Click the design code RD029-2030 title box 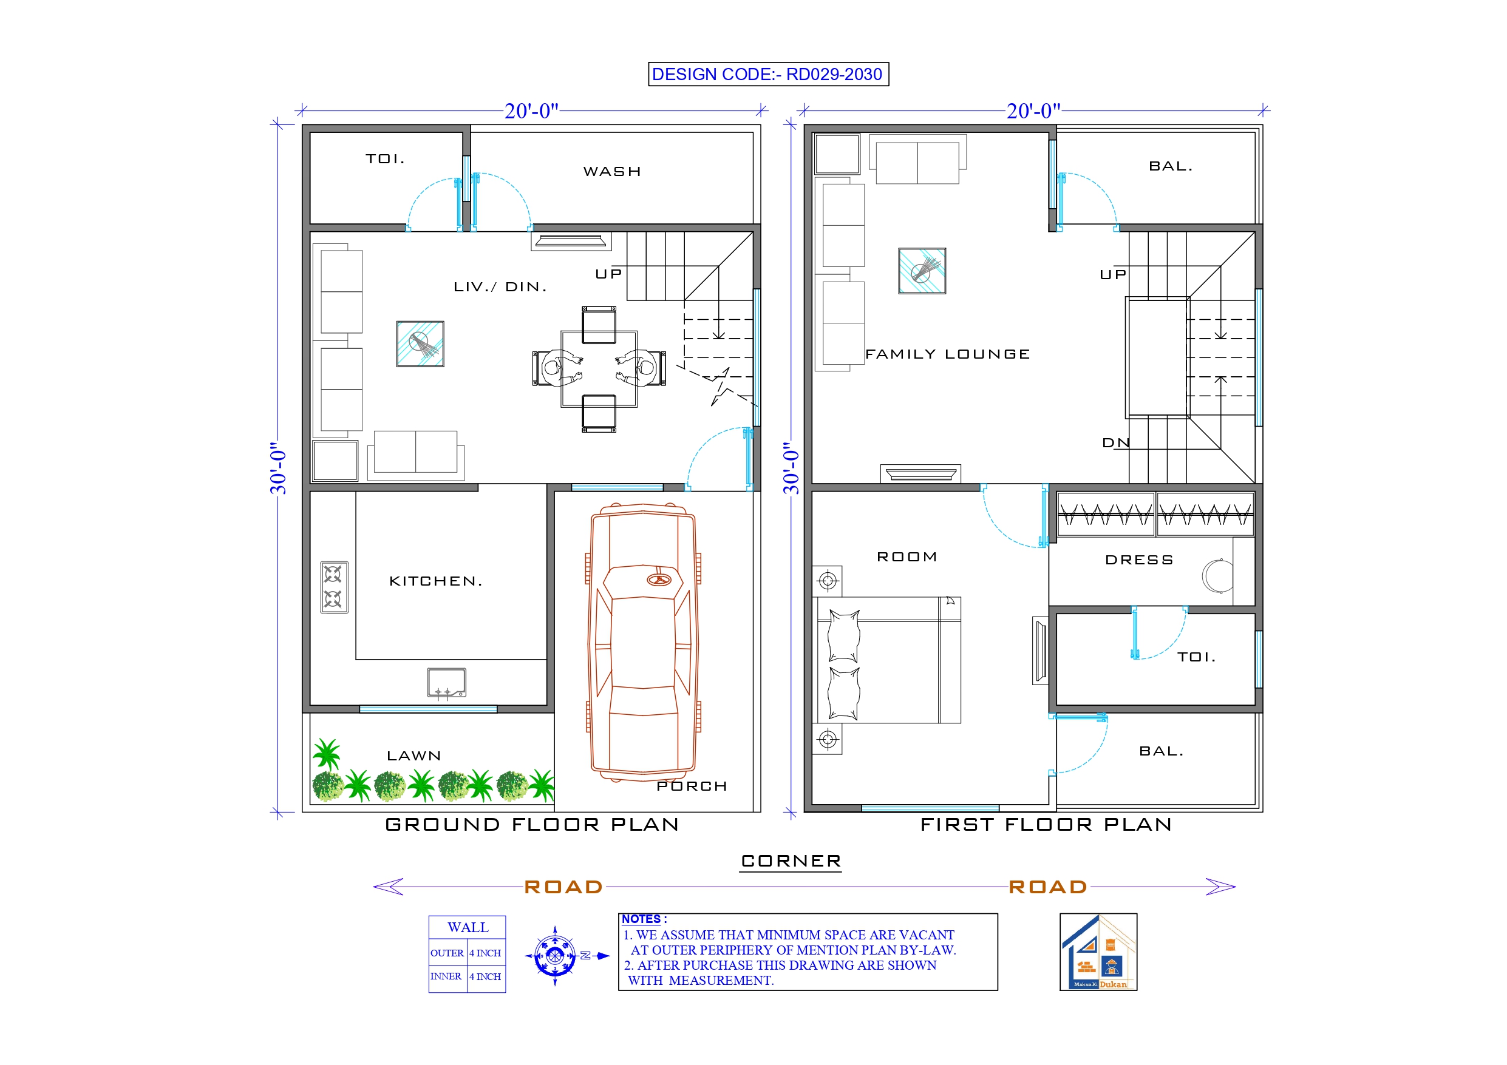[x=768, y=74]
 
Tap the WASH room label [x=612, y=171]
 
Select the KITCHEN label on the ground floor [x=436, y=581]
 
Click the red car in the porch [x=642, y=643]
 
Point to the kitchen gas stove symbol [x=334, y=587]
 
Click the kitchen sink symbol [x=446, y=683]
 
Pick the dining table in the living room [x=599, y=369]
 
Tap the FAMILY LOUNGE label [x=947, y=354]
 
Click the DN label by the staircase [x=1116, y=443]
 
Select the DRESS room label [x=1139, y=560]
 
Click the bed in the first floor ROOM [x=888, y=660]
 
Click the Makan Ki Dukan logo [x=1098, y=952]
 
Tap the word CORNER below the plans [x=791, y=861]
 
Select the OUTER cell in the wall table [x=447, y=953]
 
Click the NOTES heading [x=643, y=919]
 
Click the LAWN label [x=413, y=756]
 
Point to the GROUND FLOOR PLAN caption [x=532, y=824]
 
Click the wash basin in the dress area [x=1217, y=576]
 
